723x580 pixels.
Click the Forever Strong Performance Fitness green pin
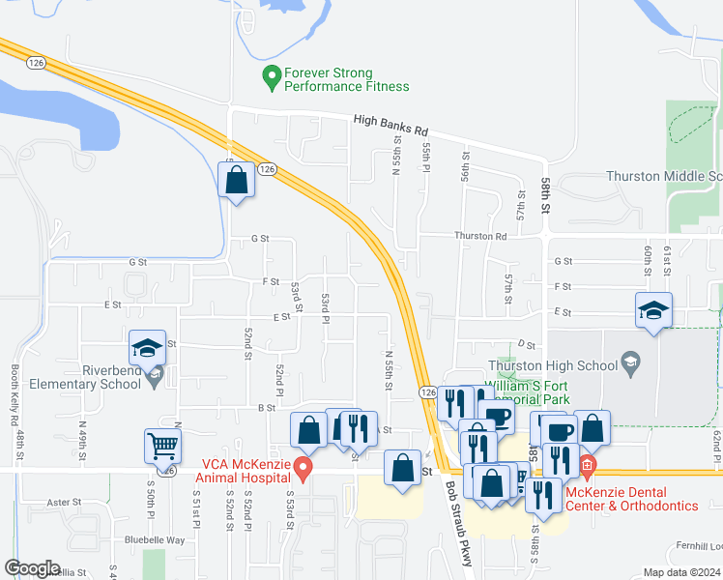273,74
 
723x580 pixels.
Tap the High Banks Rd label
390,123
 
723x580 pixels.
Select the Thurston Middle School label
664,176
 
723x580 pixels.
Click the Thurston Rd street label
481,236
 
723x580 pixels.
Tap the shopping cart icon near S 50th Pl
163,446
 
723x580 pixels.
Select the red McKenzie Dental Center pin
587,467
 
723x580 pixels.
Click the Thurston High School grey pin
631,363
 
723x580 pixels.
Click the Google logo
33,568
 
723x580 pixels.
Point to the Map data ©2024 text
681,572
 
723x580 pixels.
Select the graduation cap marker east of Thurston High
653,310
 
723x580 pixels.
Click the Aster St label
64,502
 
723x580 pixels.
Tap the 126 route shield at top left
36,62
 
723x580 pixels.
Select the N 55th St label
389,370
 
